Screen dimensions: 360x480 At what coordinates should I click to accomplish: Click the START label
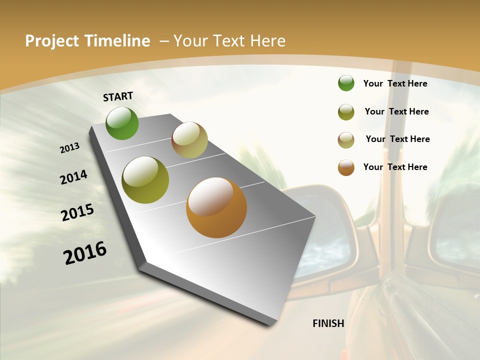(x=118, y=96)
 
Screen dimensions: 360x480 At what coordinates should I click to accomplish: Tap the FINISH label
(x=328, y=323)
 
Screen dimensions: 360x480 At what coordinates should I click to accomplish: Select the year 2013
(x=69, y=148)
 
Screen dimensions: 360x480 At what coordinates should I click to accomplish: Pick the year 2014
(x=73, y=177)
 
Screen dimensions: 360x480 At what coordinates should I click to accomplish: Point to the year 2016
(x=85, y=253)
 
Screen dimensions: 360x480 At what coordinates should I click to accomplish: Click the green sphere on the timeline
(x=122, y=123)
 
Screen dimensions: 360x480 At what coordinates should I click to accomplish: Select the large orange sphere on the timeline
(x=216, y=207)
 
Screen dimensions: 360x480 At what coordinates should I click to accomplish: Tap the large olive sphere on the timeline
(x=145, y=180)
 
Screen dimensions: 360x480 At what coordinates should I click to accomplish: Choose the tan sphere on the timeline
(x=189, y=140)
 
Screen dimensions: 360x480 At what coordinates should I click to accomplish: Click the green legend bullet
(x=346, y=83)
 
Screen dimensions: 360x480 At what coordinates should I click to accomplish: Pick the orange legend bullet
(x=346, y=167)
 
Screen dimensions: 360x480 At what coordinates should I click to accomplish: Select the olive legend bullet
(x=346, y=111)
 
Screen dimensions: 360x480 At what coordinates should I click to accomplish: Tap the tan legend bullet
(x=346, y=140)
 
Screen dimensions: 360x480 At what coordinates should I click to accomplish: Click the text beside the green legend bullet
(x=395, y=83)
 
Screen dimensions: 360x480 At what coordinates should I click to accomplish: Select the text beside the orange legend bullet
(x=395, y=167)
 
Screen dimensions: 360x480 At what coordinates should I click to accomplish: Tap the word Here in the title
(x=267, y=41)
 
